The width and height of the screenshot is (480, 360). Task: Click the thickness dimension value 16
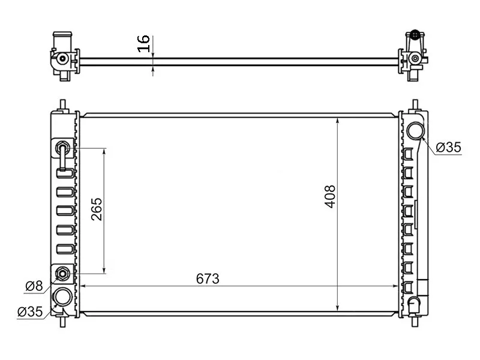click(x=144, y=43)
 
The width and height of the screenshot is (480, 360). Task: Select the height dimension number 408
click(x=330, y=196)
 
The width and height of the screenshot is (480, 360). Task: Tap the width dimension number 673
click(x=208, y=279)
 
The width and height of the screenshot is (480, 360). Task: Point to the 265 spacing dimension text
click(x=97, y=209)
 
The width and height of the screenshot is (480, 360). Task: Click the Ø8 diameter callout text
click(x=34, y=286)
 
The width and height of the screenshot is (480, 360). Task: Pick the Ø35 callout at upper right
click(x=448, y=147)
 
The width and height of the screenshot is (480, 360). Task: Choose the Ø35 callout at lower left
click(x=29, y=312)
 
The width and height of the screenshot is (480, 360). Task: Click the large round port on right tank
click(x=415, y=130)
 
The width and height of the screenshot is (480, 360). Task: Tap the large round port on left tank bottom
click(x=62, y=296)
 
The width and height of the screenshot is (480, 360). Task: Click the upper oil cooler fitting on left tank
click(x=62, y=148)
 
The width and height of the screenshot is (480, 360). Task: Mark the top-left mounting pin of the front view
click(x=63, y=105)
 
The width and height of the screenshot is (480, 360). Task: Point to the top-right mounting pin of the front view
click(x=415, y=105)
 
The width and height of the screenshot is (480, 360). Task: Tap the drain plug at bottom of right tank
click(x=414, y=305)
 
